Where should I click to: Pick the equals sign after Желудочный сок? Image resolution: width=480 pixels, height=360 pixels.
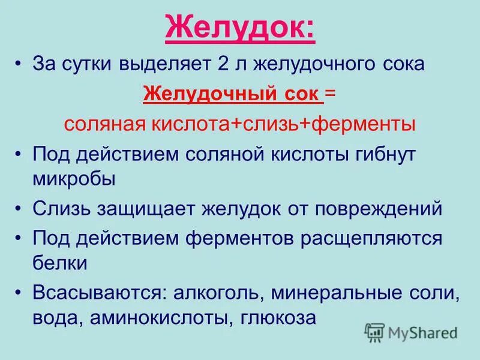331,94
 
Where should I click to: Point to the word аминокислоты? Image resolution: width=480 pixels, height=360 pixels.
158,317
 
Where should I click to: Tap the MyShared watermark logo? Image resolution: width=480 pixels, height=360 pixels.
411,332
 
